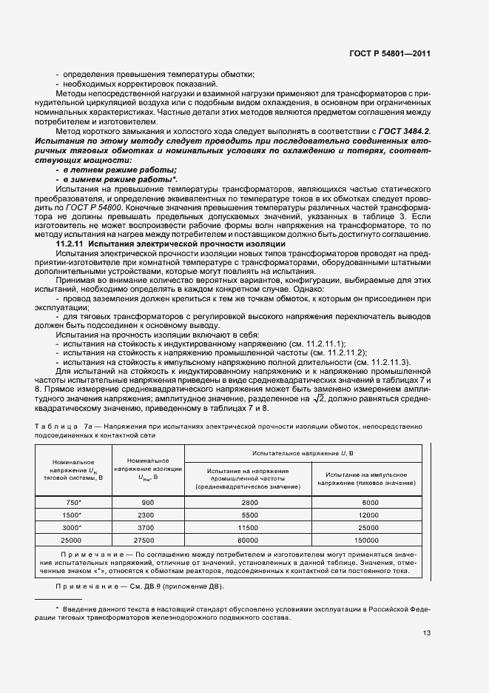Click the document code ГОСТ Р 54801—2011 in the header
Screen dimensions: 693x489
pos(389,53)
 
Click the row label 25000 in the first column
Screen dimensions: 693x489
pos(72,541)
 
